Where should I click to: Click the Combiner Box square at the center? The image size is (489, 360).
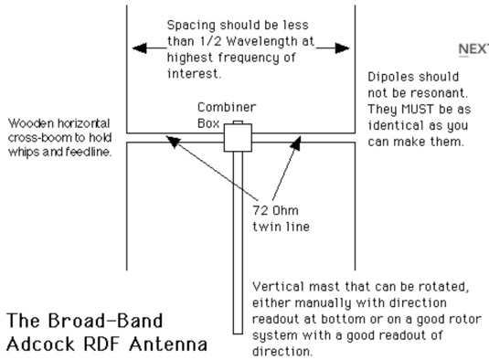point(237,138)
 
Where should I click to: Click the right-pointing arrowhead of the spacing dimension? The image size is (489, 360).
point(344,47)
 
